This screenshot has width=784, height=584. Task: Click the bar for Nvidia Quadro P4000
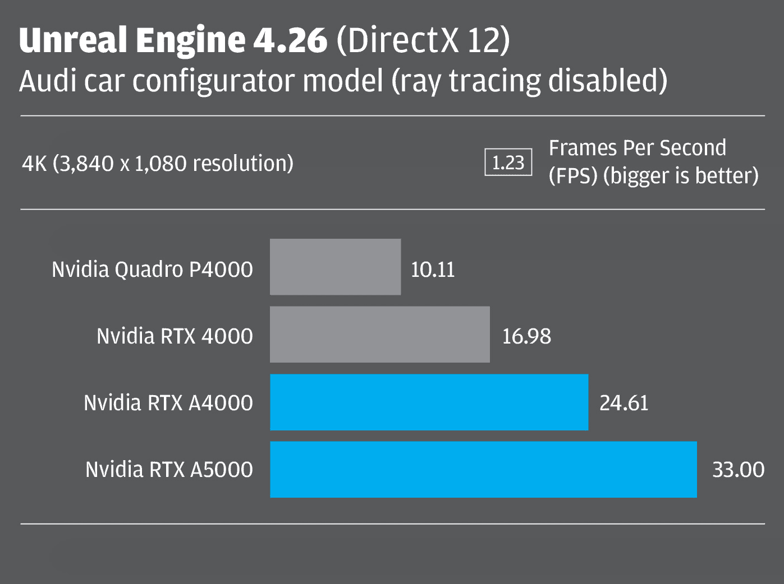[335, 267]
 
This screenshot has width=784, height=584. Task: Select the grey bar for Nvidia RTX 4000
[379, 334]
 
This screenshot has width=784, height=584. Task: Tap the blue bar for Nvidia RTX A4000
[429, 402]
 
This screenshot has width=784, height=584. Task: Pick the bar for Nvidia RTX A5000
[483, 469]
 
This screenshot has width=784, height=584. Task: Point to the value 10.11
[433, 270]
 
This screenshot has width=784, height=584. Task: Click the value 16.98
[526, 336]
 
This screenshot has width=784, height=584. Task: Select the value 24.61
[623, 403]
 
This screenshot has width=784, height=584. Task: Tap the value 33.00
[738, 470]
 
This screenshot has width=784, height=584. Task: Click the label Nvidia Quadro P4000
[152, 270]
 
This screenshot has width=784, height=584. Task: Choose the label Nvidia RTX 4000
[175, 336]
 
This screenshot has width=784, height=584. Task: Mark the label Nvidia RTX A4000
[168, 403]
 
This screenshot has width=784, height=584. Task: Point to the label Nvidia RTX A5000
[169, 470]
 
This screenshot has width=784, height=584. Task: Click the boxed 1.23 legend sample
[508, 163]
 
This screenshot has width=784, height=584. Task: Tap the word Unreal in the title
[73, 40]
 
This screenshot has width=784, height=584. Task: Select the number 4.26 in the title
[290, 40]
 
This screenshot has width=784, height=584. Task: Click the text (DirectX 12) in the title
[423, 40]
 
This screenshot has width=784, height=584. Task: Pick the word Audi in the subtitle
[48, 81]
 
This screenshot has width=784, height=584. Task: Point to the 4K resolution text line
[158, 164]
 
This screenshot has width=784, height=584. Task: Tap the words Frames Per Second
[637, 148]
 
